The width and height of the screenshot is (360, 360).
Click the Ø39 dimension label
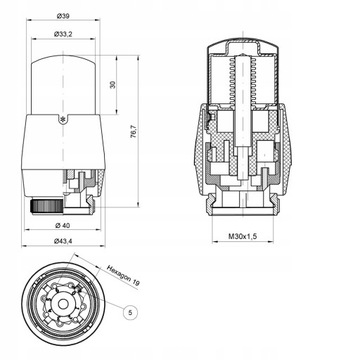[63, 16]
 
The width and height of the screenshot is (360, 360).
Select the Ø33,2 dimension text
[63, 34]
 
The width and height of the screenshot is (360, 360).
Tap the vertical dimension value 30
[113, 85]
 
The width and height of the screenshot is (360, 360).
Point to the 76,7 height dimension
[133, 131]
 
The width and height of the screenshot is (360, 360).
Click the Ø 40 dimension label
[63, 225]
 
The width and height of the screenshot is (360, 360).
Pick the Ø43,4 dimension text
[63, 242]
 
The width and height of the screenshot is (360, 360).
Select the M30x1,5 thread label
[243, 236]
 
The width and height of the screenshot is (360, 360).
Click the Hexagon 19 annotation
[123, 275]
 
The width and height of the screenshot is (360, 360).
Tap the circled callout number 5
[130, 312]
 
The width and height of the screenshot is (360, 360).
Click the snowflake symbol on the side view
[61, 118]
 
